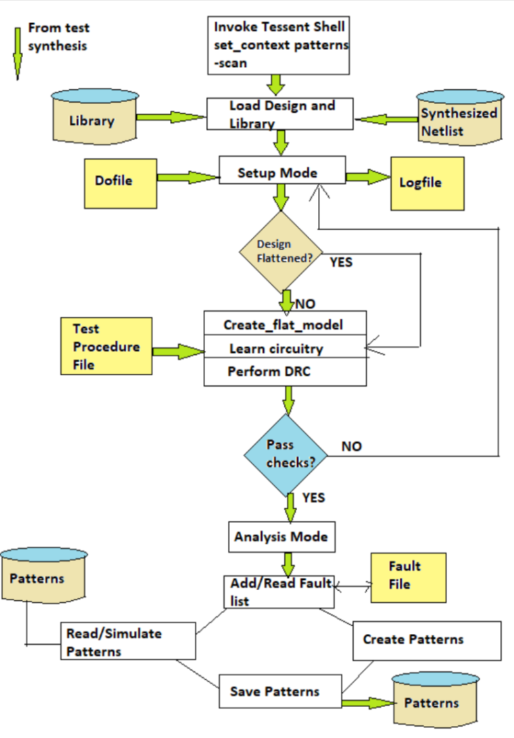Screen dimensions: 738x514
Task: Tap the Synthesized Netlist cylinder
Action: coord(459,119)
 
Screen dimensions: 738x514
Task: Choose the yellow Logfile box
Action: coord(427,183)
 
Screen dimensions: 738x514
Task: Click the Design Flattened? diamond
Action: coord(281,253)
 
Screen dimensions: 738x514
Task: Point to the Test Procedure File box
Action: coord(106,346)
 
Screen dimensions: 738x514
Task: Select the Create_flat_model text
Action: coord(283,325)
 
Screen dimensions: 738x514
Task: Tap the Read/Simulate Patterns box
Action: coord(129,641)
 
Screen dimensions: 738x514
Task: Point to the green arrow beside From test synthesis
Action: coord(17,53)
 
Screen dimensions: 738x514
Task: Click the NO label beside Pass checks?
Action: coord(351,447)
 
